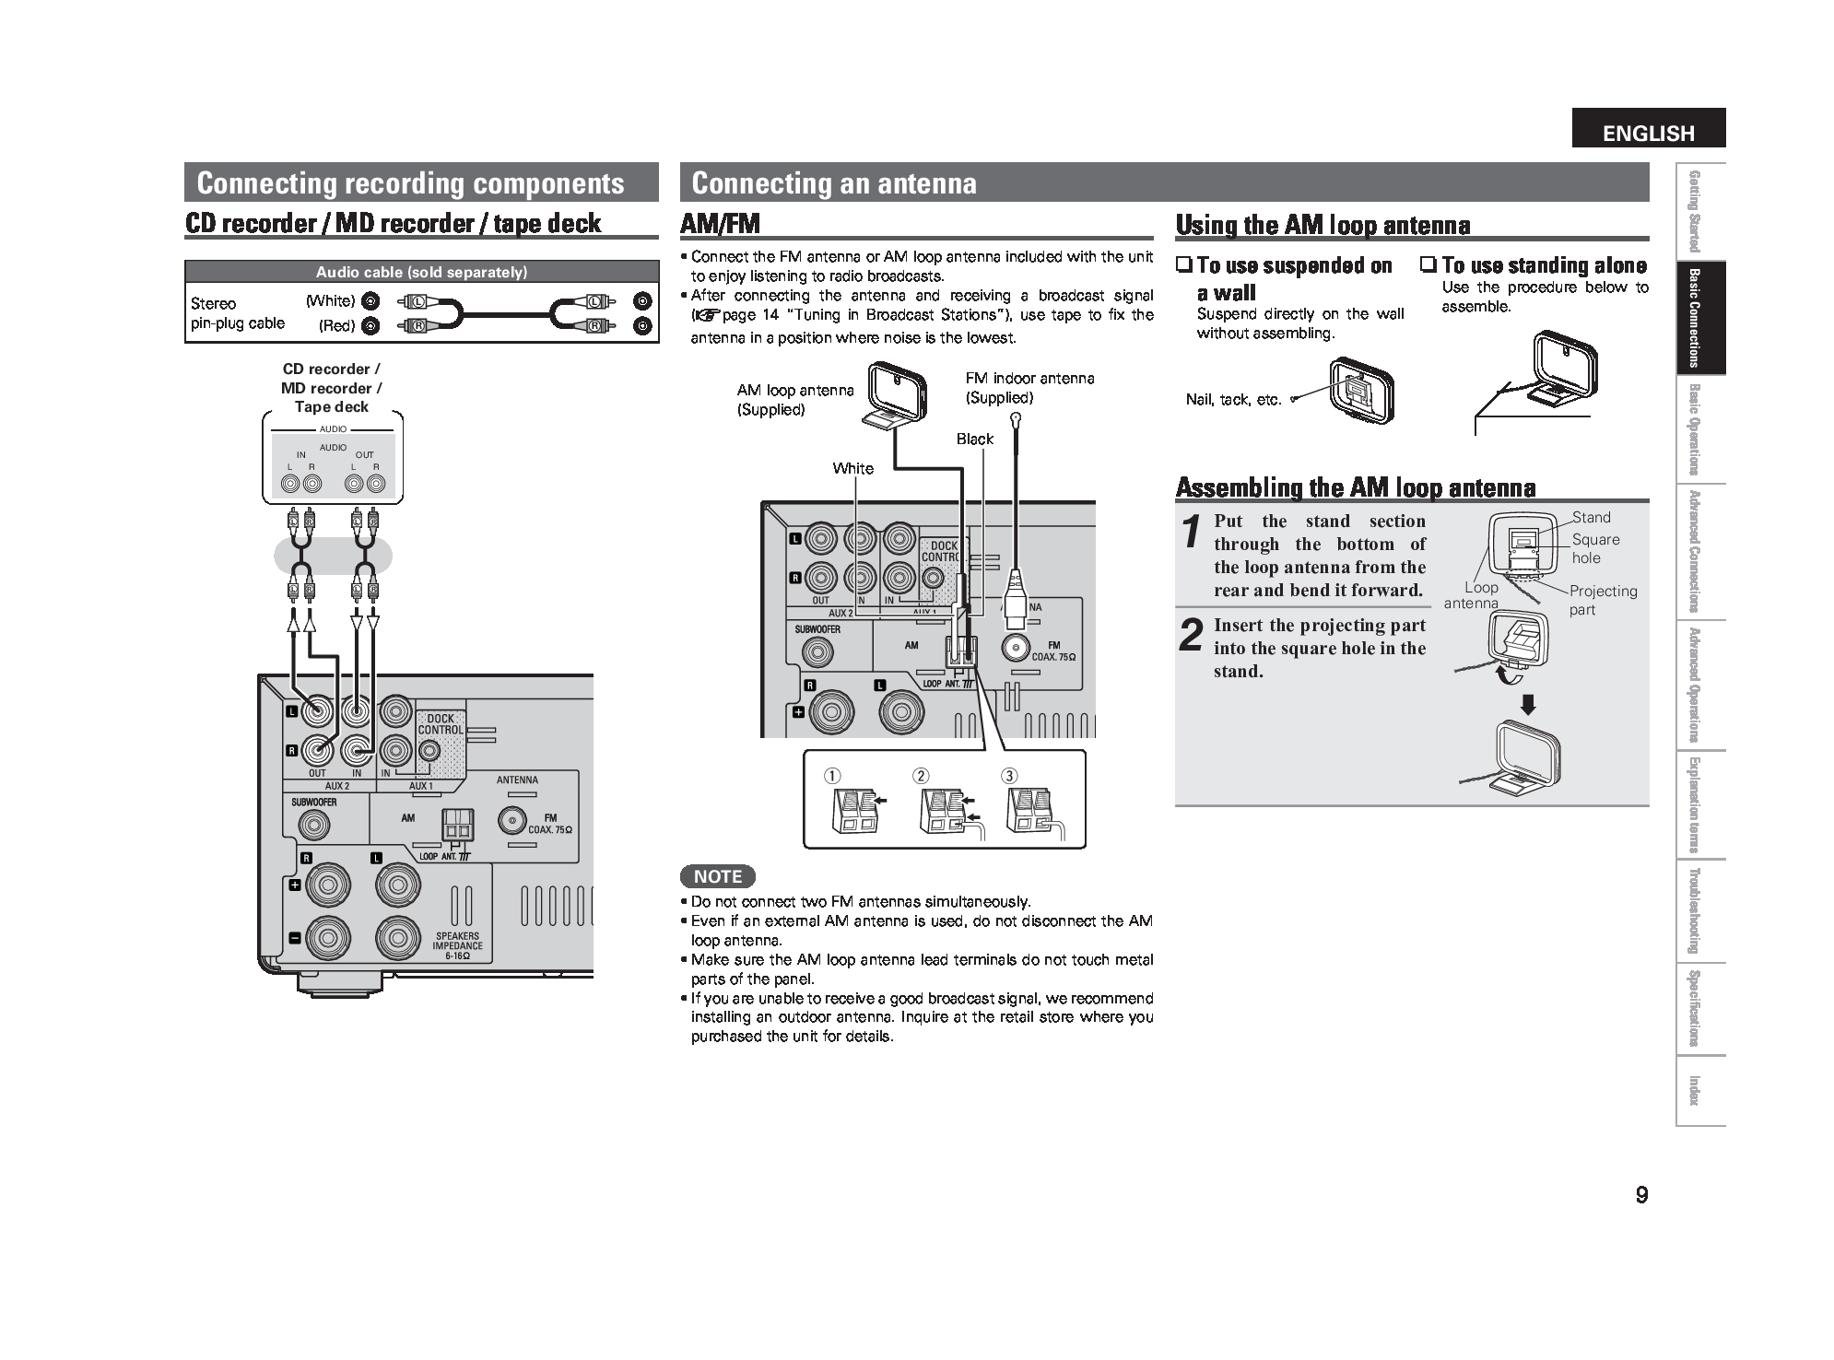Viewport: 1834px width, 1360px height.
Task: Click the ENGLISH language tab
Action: point(1648,133)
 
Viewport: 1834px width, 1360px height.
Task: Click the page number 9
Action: point(1641,1196)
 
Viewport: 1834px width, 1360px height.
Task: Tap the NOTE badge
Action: point(717,876)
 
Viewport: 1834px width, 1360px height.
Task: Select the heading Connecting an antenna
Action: point(833,182)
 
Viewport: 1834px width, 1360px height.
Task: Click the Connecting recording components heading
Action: point(410,182)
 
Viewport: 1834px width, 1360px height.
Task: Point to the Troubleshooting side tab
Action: point(1693,911)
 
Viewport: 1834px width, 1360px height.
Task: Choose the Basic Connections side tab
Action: point(1693,318)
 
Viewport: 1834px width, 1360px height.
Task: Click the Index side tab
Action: point(1693,1090)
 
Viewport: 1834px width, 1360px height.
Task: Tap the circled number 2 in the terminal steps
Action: point(921,776)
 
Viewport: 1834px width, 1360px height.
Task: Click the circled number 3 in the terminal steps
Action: point(1010,776)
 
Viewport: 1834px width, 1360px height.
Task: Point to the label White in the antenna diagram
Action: point(852,468)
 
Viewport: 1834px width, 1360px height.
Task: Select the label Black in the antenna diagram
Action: point(974,439)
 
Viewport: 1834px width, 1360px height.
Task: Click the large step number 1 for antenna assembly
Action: point(1192,533)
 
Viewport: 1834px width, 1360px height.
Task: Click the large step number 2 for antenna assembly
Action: point(1192,637)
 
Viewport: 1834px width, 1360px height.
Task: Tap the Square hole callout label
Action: point(1594,548)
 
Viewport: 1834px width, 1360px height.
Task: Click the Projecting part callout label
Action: point(1602,600)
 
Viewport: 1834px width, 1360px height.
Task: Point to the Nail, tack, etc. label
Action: point(1233,400)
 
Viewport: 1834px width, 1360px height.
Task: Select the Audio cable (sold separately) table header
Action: point(421,272)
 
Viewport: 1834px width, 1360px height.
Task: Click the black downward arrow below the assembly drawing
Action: point(1528,706)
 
